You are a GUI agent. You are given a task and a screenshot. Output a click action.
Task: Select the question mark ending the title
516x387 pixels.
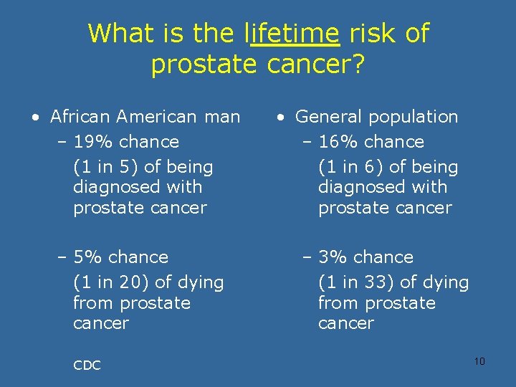pos(358,64)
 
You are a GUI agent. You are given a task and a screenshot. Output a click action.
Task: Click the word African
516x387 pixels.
pos(80,117)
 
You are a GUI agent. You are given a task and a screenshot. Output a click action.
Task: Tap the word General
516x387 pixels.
pos(326,117)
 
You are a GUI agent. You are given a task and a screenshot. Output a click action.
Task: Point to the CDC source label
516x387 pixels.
pos(87,365)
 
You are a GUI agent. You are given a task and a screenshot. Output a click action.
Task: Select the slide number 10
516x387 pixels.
pos(479,360)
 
